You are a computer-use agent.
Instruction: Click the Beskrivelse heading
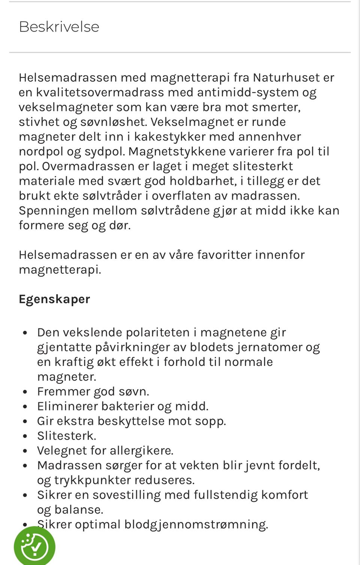point(59,27)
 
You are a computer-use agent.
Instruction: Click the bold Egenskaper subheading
point(54,299)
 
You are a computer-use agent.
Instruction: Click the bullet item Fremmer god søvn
point(93,392)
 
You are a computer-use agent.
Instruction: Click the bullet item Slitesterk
point(66,436)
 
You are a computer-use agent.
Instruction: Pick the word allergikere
point(141,451)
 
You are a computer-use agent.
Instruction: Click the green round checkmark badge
point(34,546)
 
